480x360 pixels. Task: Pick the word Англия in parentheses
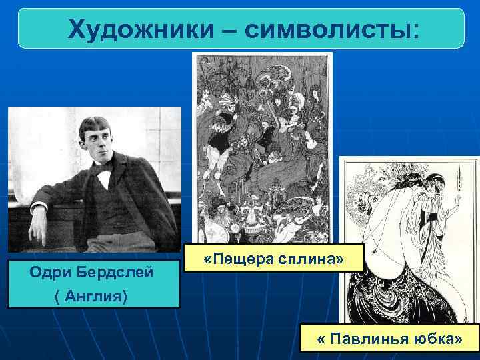click(x=94, y=295)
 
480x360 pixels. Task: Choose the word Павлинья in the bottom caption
click(x=375, y=339)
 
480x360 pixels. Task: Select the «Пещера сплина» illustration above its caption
click(x=262, y=147)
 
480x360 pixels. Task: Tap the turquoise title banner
click(x=240, y=29)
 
